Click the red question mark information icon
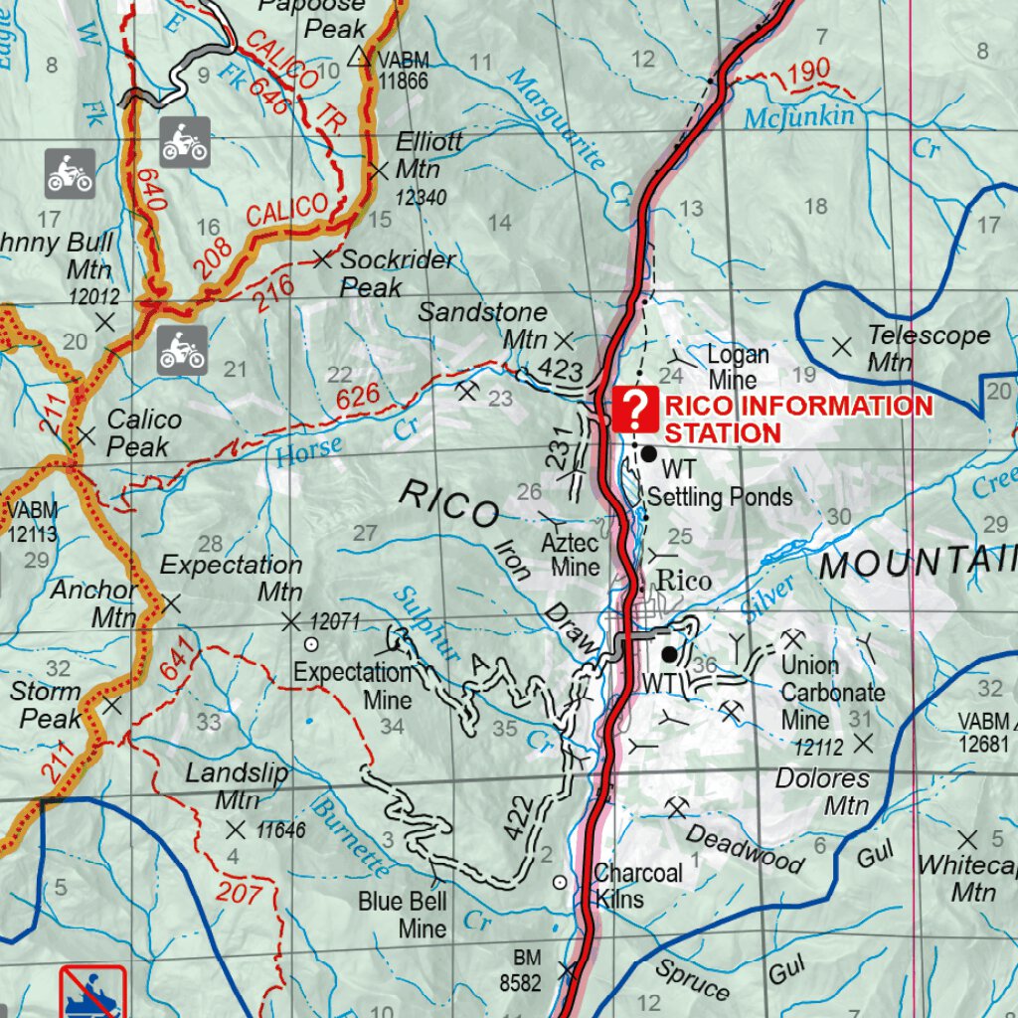click(x=635, y=410)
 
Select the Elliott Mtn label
click(x=428, y=155)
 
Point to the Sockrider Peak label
click(x=397, y=273)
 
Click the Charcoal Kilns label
click(x=637, y=886)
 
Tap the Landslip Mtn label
click(x=237, y=786)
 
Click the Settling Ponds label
click(x=721, y=496)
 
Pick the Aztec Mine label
click(x=571, y=555)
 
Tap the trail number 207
click(x=239, y=893)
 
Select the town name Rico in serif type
click(x=685, y=582)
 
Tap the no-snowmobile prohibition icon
click(x=92, y=992)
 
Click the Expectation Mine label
click(x=353, y=686)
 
